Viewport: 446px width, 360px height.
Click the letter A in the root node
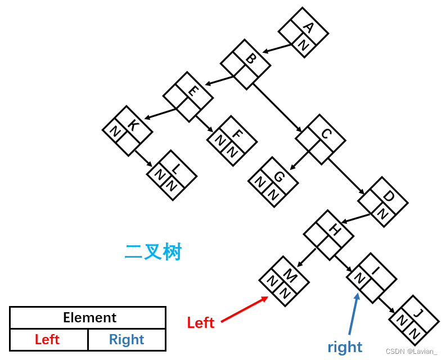308,27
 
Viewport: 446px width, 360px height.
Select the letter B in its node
251,58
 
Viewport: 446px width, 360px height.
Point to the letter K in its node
133,124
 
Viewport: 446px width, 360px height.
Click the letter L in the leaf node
177,168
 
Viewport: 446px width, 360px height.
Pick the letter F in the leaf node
237,134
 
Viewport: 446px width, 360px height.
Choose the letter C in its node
326,133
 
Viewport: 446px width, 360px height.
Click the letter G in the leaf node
278,176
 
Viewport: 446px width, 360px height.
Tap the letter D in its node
388,196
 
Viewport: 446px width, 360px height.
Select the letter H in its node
334,229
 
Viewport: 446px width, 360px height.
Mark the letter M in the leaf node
290,275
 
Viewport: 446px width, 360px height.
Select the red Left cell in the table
47,340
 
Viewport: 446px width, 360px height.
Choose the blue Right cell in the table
127,340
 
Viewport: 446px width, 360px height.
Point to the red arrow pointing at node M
244,309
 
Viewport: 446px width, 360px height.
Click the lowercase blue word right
345,347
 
